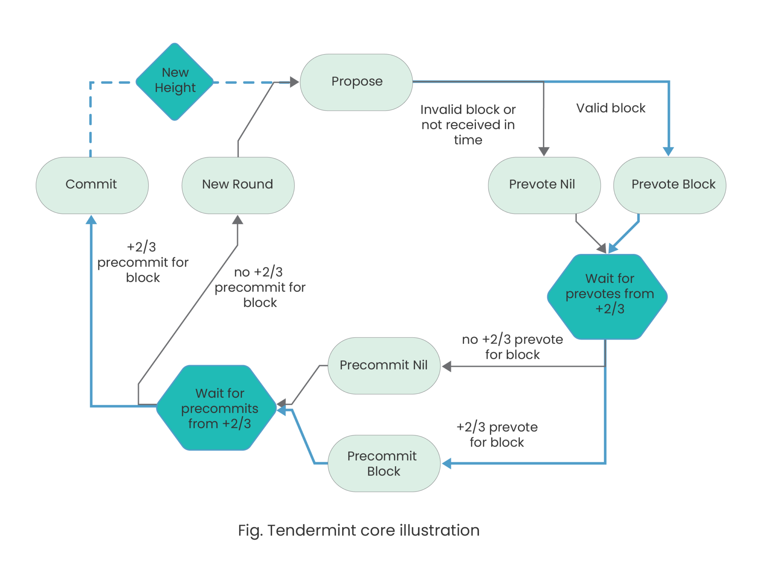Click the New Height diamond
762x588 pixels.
tap(174, 81)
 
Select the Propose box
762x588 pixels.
tap(356, 82)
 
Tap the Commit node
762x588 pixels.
tap(92, 185)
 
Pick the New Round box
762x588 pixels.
tap(238, 185)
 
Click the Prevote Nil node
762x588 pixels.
tap(544, 185)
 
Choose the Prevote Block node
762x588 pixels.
tap(669, 185)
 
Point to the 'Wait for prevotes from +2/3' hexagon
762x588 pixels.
tap(607, 296)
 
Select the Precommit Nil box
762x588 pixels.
tap(384, 366)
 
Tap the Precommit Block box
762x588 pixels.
tap(384, 463)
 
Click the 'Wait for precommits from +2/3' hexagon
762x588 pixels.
tap(217, 407)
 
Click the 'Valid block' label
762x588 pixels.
tap(611, 108)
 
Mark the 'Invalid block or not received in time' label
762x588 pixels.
tap(468, 125)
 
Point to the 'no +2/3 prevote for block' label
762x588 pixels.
tap(512, 347)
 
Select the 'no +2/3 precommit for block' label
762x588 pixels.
tap(260, 288)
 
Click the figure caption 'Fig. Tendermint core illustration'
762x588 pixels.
tap(359, 530)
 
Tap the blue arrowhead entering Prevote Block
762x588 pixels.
tap(668, 152)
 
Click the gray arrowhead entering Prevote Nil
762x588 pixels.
tap(544, 152)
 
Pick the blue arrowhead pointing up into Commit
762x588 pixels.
tap(91, 219)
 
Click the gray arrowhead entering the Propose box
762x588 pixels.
tap(295, 82)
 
